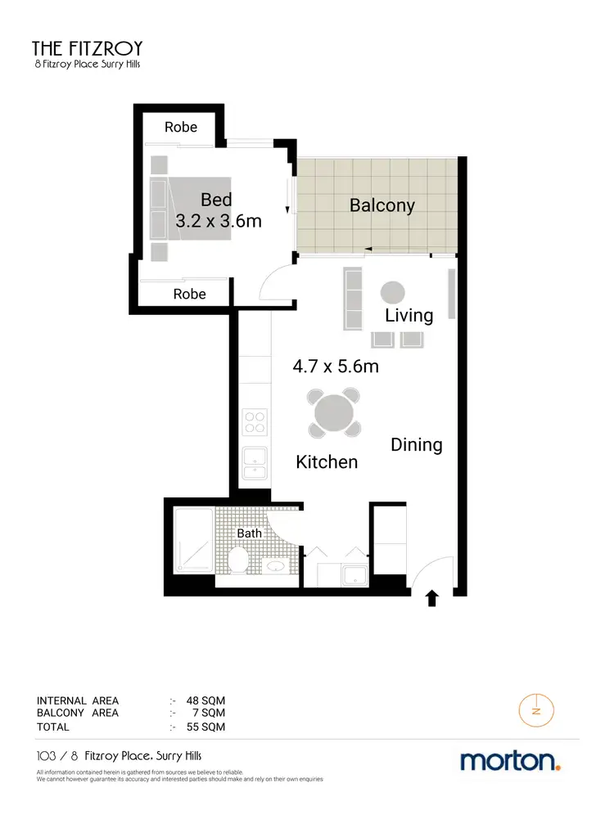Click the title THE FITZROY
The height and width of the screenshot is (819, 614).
click(86, 47)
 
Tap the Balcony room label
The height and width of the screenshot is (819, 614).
click(381, 205)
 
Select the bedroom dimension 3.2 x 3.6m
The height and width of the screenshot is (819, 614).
click(219, 220)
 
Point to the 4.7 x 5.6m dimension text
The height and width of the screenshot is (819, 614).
click(336, 367)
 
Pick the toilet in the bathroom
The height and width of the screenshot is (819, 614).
click(238, 561)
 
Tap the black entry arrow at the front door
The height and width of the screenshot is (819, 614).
click(431, 599)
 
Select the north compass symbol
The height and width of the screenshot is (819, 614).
click(536, 709)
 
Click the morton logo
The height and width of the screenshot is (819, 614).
click(510, 761)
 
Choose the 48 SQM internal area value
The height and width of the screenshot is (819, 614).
click(205, 700)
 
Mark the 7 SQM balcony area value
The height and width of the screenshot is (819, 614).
click(209, 713)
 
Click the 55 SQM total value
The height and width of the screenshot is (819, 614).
click(205, 727)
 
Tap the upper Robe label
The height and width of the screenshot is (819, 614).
click(181, 127)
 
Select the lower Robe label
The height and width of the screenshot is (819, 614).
click(190, 295)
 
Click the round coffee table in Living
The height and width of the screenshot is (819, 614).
click(391, 292)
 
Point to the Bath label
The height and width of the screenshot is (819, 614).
click(250, 533)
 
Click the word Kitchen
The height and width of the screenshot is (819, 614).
click(327, 462)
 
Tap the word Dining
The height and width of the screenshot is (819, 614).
click(416, 445)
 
